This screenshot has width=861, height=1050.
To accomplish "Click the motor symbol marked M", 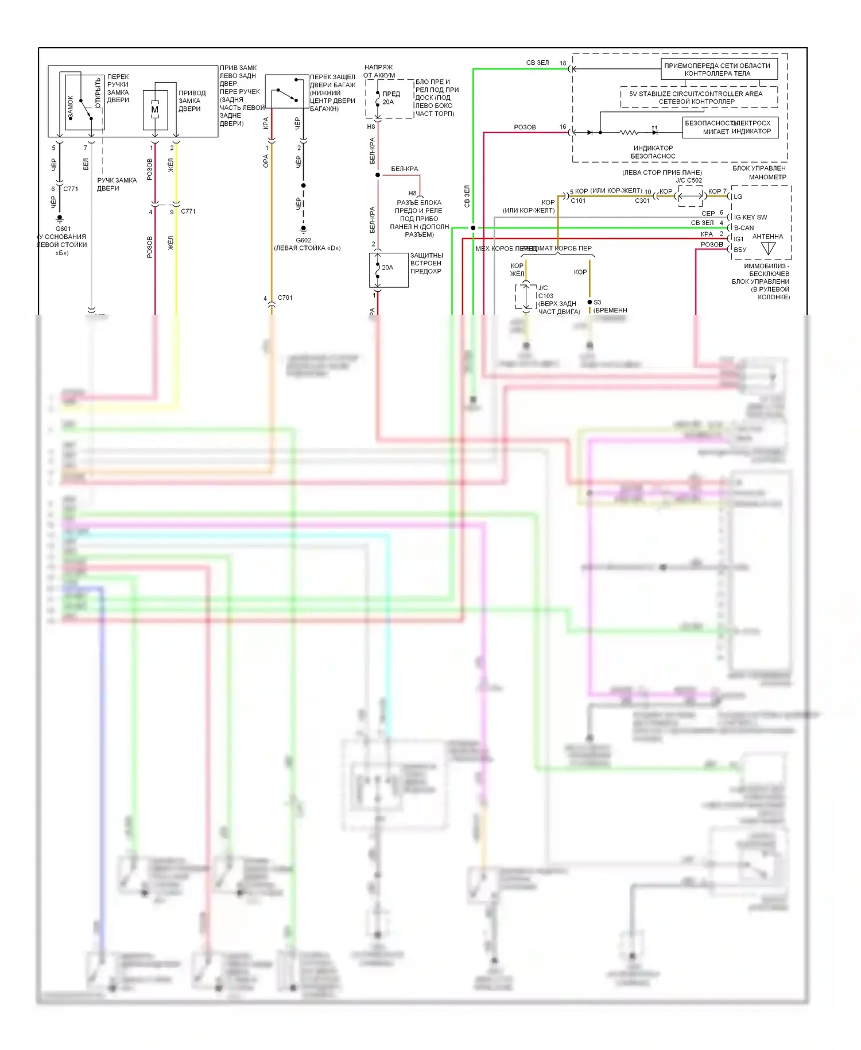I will [x=154, y=110].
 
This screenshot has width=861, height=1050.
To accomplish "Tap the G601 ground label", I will [x=63, y=229].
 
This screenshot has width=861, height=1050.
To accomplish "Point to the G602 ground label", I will [x=304, y=240].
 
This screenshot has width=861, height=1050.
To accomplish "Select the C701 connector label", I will [x=285, y=298].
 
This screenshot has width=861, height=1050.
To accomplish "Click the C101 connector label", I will [x=578, y=200].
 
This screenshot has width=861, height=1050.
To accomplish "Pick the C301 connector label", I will [x=642, y=200].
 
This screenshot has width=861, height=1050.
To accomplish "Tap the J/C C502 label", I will [x=689, y=180].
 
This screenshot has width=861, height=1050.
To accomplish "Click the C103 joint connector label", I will [x=545, y=296].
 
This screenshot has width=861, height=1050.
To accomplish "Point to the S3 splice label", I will [x=598, y=302].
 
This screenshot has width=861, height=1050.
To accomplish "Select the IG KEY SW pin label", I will [x=750, y=217].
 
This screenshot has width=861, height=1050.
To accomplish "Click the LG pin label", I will [x=738, y=196].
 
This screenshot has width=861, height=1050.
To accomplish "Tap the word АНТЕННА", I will [x=767, y=237].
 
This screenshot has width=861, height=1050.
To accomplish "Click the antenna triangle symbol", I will [x=768, y=249].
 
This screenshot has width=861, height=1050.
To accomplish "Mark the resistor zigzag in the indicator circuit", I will [x=629, y=133].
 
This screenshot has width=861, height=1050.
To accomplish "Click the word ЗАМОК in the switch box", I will [x=71, y=108].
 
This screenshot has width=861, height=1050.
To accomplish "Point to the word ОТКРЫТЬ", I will [x=98, y=93].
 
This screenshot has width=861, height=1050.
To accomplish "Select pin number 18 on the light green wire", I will [x=563, y=63].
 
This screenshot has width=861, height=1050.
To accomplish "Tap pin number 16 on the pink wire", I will [x=563, y=127].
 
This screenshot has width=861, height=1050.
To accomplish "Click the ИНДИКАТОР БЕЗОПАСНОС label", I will [x=653, y=152].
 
